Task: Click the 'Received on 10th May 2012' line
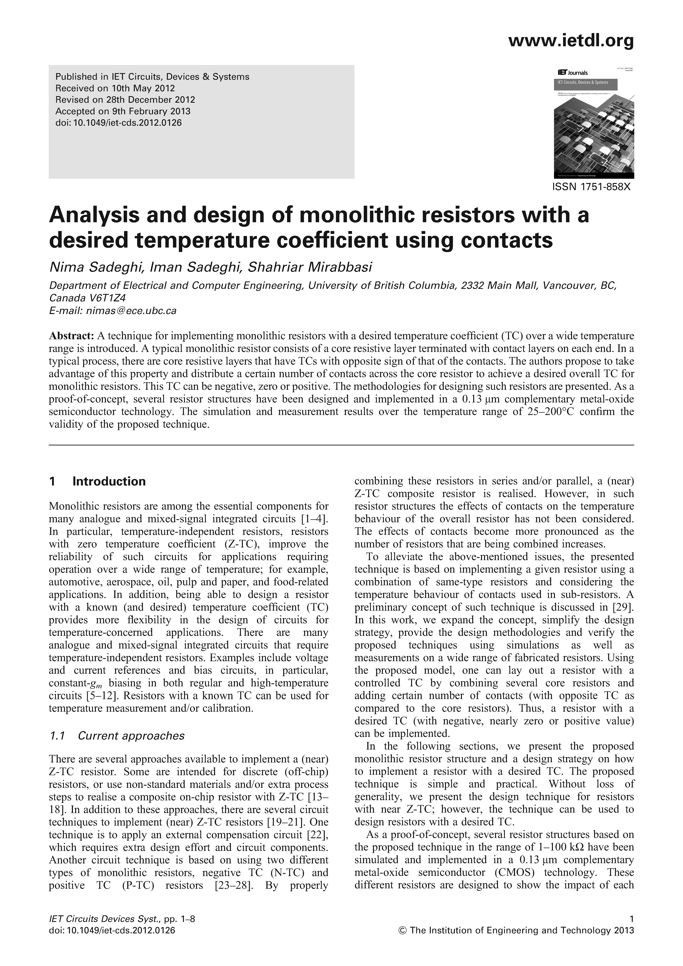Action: pos(115,88)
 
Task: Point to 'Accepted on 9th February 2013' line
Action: pos(123,112)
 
